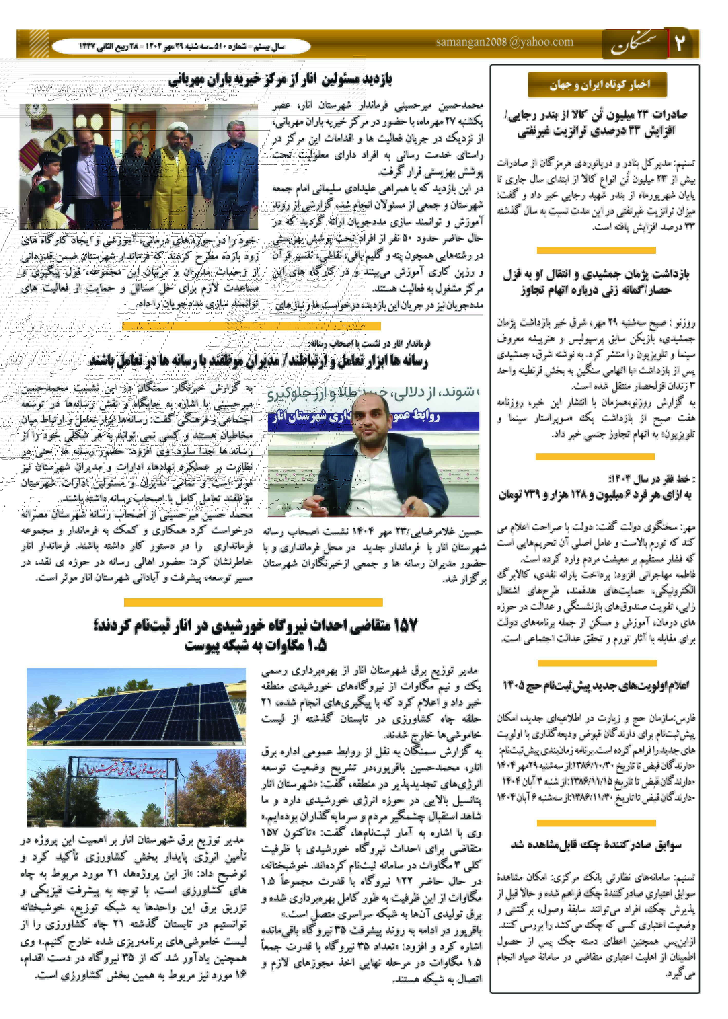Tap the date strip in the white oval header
pos(182,47)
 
